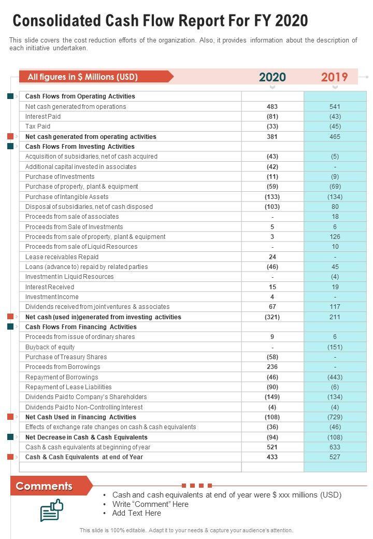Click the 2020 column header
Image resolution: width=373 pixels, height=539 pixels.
tap(272, 77)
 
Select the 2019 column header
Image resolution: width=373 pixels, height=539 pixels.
tap(334, 77)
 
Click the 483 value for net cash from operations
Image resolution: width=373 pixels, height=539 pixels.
tap(272, 106)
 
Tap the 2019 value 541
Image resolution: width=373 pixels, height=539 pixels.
tap(335, 106)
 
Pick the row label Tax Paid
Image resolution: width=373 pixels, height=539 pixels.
tap(38, 126)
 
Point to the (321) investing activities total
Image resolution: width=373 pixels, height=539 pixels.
tap(272, 317)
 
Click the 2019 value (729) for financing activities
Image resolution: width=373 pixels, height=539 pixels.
tap(335, 417)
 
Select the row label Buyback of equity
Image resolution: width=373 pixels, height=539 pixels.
tap(50, 347)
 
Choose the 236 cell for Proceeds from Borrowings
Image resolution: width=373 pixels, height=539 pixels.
tap(272, 367)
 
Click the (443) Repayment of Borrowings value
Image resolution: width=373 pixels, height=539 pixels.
tap(335, 377)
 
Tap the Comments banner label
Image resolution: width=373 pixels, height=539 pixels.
tap(44, 486)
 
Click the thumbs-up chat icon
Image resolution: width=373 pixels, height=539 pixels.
tap(52, 510)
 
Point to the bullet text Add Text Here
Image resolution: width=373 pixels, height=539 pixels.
tap(137, 513)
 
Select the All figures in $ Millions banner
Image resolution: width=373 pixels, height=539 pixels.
tap(83, 77)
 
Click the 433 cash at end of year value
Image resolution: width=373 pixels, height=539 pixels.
tap(272, 457)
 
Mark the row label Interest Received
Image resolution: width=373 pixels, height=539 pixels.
tap(50, 287)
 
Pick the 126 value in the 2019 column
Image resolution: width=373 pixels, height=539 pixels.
tap(335, 237)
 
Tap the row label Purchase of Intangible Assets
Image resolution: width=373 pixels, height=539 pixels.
tap(67, 197)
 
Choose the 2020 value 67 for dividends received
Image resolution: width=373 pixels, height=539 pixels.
tap(272, 307)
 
